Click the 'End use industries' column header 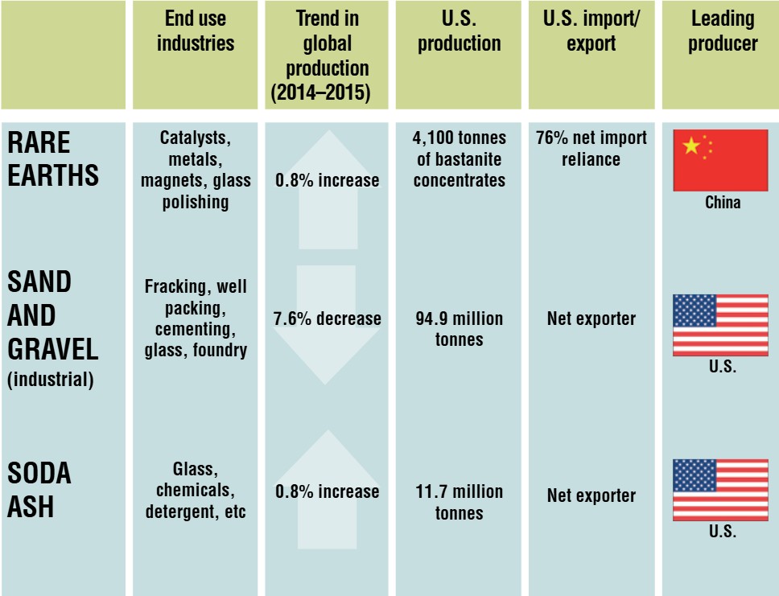point(195,31)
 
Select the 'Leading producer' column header point(722,31)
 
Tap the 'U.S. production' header point(459,31)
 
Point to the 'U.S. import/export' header point(591,31)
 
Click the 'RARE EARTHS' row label point(53,158)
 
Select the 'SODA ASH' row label point(39,490)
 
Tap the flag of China point(720,160)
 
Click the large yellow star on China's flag point(690,146)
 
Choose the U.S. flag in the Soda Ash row point(720,490)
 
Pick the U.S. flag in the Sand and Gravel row point(720,325)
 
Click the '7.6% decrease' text point(328,319)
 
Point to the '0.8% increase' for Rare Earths point(328,180)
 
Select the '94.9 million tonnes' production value point(459,329)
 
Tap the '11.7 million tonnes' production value point(459,502)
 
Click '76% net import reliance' point(591,148)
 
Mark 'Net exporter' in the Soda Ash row point(591,496)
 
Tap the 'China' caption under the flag point(722,203)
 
